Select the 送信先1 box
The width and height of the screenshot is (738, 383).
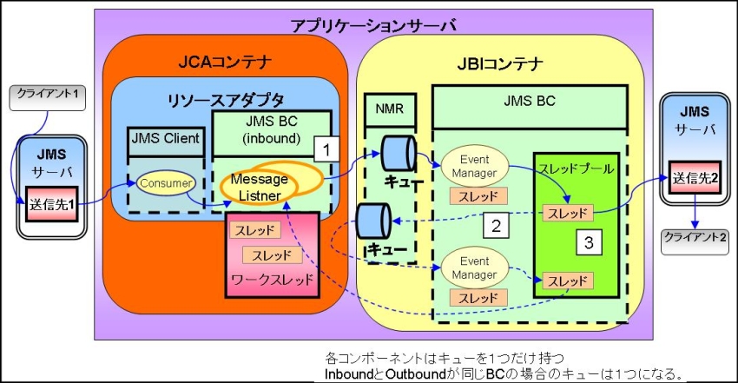pyautogui.click(x=49, y=207)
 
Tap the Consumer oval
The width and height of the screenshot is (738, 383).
pyautogui.click(x=159, y=184)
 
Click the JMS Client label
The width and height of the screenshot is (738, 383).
pyautogui.click(x=165, y=137)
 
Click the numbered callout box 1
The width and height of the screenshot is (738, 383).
pyautogui.click(x=324, y=149)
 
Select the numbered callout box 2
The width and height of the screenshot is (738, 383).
pyautogui.click(x=496, y=227)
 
